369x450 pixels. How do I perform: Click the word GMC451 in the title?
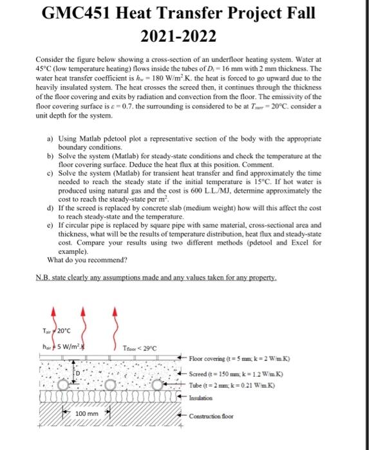click(76, 14)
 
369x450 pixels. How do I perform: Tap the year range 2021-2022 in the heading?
click(184, 35)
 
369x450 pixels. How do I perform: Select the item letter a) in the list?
click(51, 138)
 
